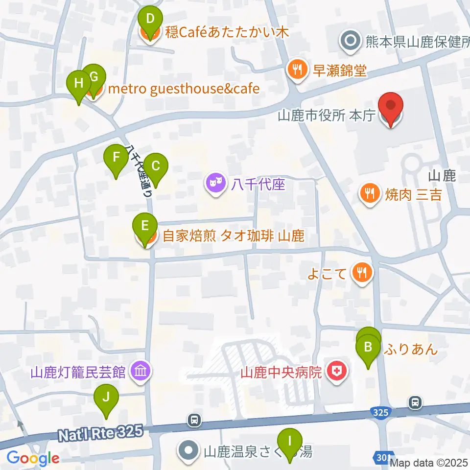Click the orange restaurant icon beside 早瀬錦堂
(x=297, y=70)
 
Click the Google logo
(x=33, y=458)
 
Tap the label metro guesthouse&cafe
(x=183, y=89)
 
